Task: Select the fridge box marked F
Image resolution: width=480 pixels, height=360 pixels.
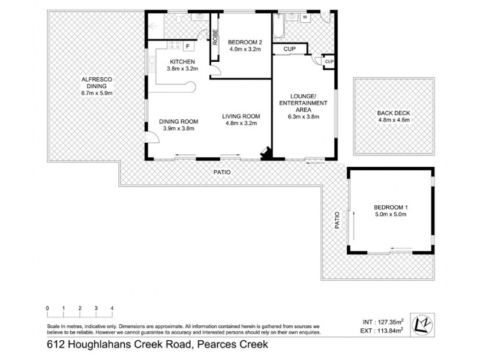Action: [187, 46]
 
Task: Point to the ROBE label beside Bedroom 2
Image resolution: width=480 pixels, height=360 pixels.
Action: [214, 37]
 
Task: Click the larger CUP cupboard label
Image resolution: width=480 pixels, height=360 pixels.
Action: [290, 48]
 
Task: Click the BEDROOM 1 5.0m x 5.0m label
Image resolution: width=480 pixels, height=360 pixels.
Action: [391, 211]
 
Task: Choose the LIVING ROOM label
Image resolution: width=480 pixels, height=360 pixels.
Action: [240, 120]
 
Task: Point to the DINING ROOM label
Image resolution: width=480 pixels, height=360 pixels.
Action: [178, 125]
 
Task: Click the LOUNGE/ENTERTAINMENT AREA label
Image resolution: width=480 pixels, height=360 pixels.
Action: [304, 103]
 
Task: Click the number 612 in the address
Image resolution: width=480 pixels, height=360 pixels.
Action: [55, 345]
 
